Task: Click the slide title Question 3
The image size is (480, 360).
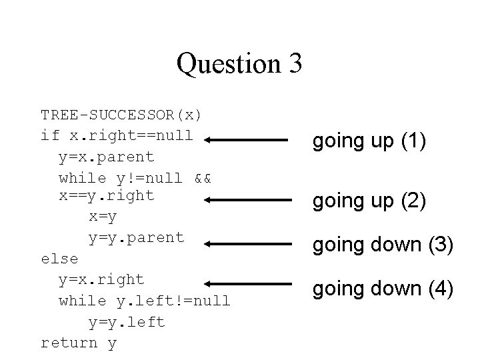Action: pyautogui.click(x=239, y=64)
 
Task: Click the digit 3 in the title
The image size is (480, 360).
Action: pyautogui.click(x=295, y=64)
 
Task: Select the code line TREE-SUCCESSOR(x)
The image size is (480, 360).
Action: pyautogui.click(x=121, y=114)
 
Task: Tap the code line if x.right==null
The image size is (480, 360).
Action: pyautogui.click(x=117, y=135)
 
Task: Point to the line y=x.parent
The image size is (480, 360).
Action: pyautogui.click(x=107, y=157)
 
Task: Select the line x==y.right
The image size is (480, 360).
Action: pyautogui.click(x=107, y=195)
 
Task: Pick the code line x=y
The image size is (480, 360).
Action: pyautogui.click(x=103, y=217)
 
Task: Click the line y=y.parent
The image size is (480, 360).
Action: pyautogui.click(x=136, y=237)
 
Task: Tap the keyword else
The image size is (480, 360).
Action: pyautogui.click(x=59, y=258)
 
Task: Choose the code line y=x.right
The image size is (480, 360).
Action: pyautogui.click(x=101, y=279)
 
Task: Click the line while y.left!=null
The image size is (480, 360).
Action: pyautogui.click(x=145, y=301)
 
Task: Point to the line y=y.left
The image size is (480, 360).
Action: pyautogui.click(x=127, y=322)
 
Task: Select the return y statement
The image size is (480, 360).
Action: pyautogui.click(x=79, y=343)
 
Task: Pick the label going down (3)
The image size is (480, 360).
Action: pyautogui.click(x=383, y=245)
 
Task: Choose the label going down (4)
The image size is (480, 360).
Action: pyautogui.click(x=383, y=289)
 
